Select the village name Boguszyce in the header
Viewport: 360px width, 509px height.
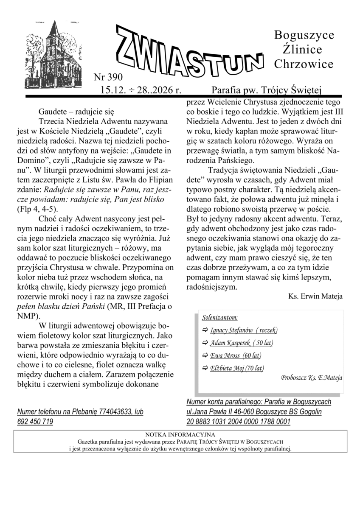click(304, 35)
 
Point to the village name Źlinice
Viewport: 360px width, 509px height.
click(300, 50)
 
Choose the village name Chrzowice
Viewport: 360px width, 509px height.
click(304, 64)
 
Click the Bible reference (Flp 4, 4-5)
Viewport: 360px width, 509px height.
click(37, 209)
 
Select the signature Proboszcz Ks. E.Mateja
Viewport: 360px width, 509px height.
click(312, 377)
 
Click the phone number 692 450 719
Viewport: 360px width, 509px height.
click(35, 422)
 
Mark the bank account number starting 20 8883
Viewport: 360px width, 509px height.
click(238, 422)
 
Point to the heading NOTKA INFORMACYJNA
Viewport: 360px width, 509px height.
click(180, 434)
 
